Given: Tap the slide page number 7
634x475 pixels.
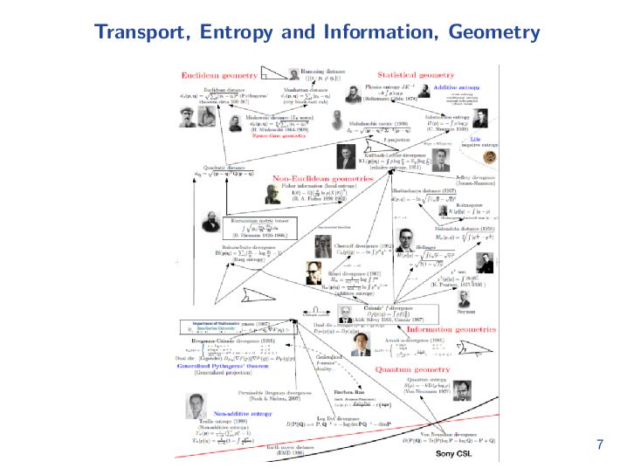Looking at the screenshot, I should (x=599, y=444).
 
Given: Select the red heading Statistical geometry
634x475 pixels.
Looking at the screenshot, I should (x=416, y=75).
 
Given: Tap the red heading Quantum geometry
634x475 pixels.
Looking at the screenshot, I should (x=412, y=369).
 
